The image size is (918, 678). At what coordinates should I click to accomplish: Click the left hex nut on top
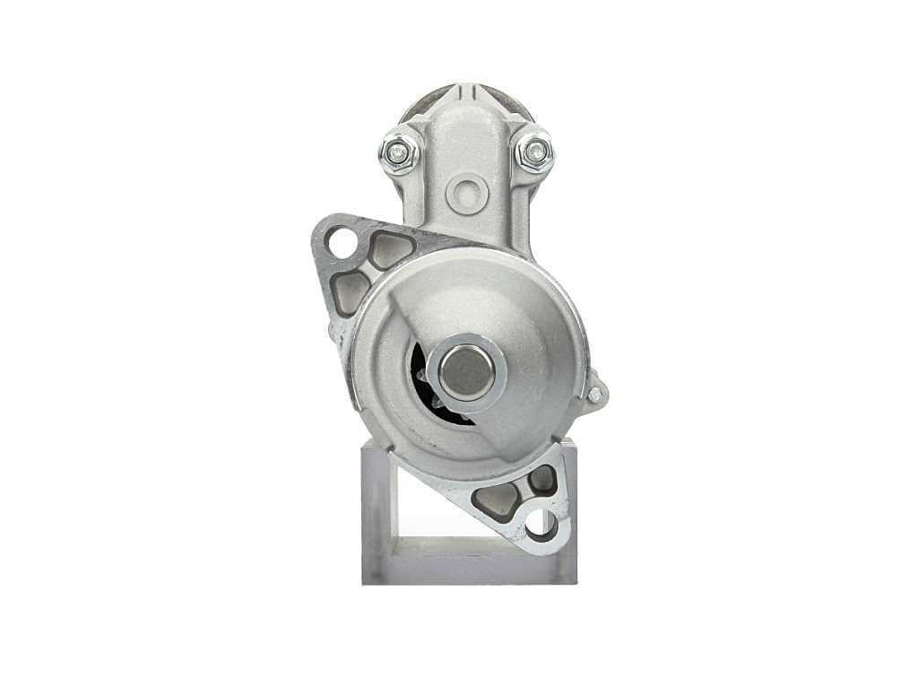tap(399, 153)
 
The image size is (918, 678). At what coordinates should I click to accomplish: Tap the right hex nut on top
tap(535, 153)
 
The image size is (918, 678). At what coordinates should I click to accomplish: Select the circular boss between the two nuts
tap(467, 190)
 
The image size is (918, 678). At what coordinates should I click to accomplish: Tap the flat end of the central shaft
tap(465, 372)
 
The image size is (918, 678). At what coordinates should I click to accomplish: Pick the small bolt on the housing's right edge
tap(595, 393)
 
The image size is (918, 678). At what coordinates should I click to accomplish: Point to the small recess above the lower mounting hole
tap(542, 480)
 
